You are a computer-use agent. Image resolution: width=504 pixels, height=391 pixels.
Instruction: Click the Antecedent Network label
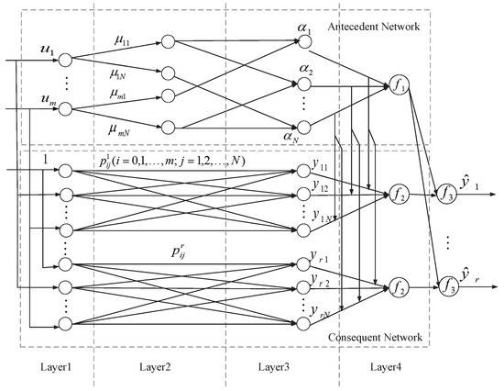tap(371, 28)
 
